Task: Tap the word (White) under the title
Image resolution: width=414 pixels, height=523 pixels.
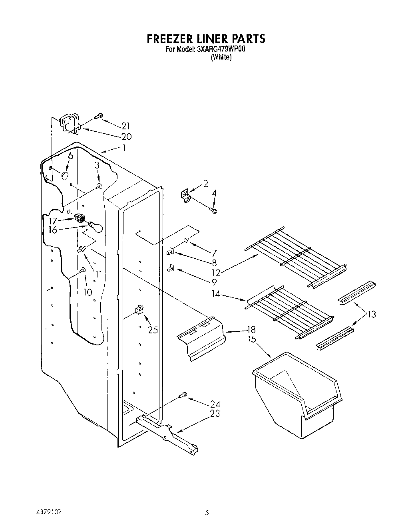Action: (x=221, y=57)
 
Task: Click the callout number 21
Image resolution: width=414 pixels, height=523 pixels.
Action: (x=125, y=126)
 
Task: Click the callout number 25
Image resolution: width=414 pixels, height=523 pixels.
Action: (x=153, y=330)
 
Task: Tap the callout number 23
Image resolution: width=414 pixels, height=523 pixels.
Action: (x=215, y=414)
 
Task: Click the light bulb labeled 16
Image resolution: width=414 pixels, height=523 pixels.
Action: (x=96, y=227)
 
